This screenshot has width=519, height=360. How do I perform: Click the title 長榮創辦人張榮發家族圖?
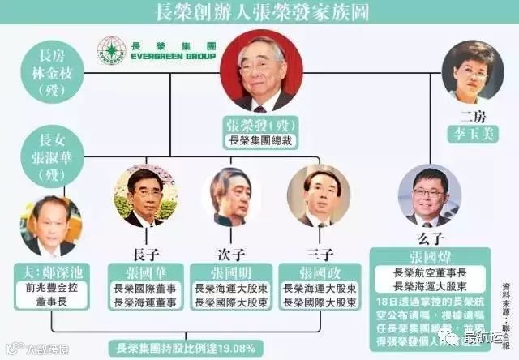259,13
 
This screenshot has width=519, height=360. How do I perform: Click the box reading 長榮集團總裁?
260,141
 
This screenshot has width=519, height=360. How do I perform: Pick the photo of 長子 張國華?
145,196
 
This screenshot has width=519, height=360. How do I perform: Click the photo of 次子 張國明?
230,196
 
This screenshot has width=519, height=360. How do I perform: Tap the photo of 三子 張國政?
318,196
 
